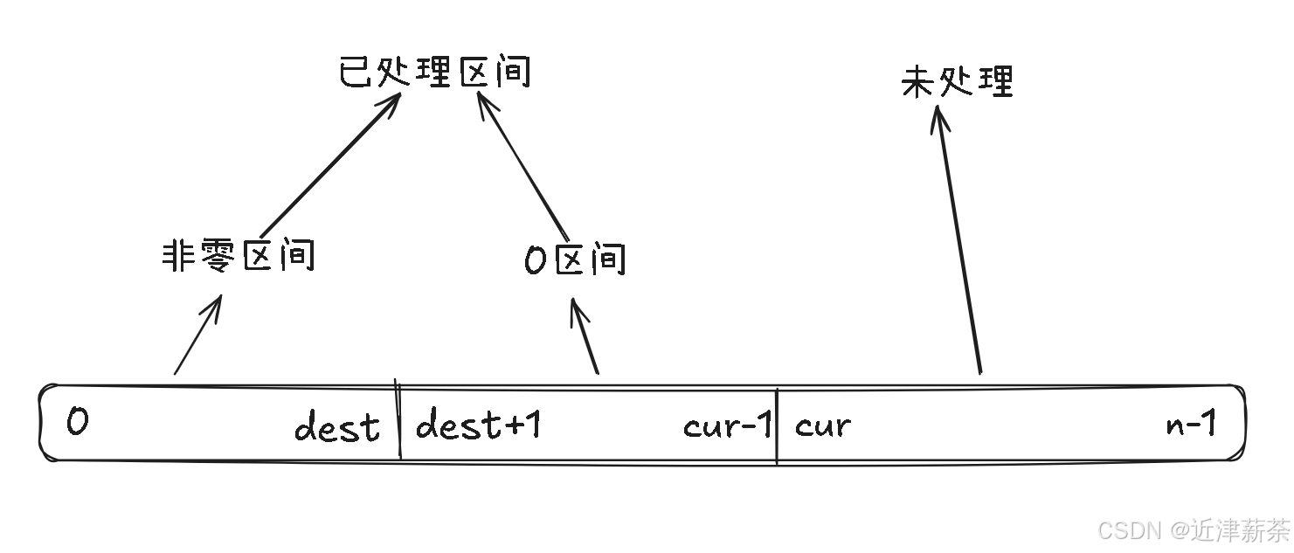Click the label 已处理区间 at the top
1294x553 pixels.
point(434,73)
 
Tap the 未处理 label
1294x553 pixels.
point(957,82)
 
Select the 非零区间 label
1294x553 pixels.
point(238,257)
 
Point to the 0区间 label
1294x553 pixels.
point(575,259)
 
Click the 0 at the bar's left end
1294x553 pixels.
point(77,424)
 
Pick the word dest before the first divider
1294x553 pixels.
point(337,427)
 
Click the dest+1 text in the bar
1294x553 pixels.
point(478,425)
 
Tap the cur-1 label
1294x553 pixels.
point(728,426)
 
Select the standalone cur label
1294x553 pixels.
point(822,426)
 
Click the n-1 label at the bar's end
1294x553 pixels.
point(1190,425)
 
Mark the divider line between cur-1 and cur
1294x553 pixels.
point(777,426)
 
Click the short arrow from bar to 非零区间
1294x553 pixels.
point(197,336)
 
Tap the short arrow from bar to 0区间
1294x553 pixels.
point(585,336)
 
